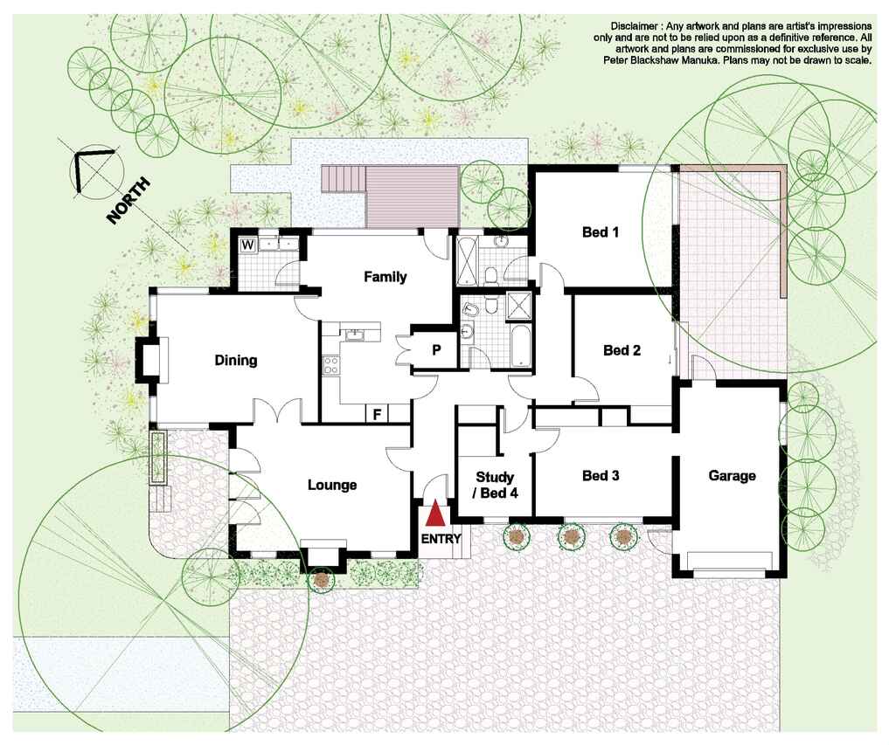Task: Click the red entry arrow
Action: [x=434, y=514]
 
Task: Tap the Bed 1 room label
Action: [x=601, y=231]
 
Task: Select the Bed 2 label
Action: [x=622, y=350]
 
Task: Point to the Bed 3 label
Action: [x=601, y=475]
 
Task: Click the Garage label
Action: [x=732, y=476]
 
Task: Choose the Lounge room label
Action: [x=332, y=485]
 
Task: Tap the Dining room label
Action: [x=236, y=361]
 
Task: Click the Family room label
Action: [x=385, y=277]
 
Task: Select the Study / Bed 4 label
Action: [x=495, y=485]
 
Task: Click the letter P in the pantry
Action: [x=436, y=350]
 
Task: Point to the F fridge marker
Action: [x=377, y=415]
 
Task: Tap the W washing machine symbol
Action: [x=247, y=245]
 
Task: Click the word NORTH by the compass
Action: [x=128, y=201]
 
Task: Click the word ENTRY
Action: [x=441, y=539]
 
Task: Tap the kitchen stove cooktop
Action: [x=330, y=365]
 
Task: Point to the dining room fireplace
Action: [x=149, y=360]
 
